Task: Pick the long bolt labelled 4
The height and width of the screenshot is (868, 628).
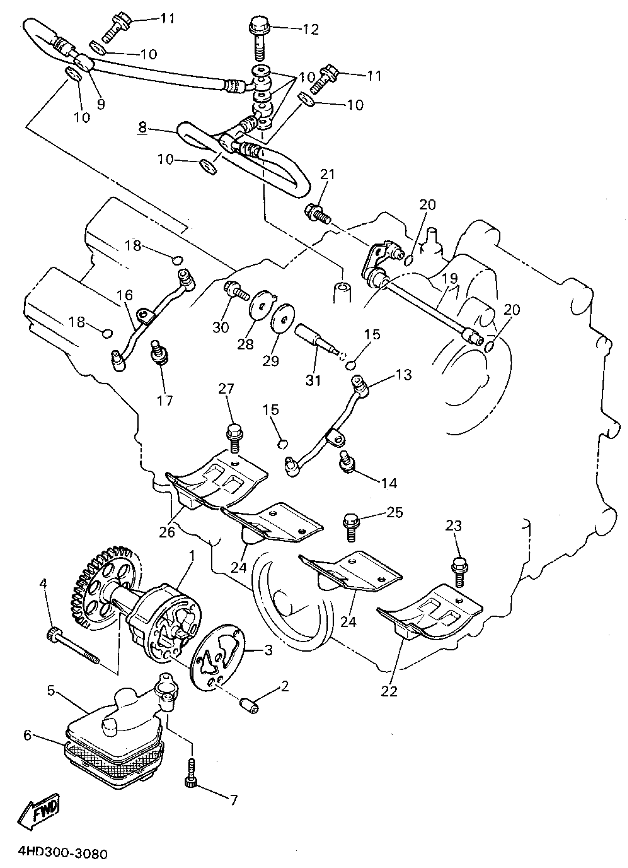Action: click(x=73, y=646)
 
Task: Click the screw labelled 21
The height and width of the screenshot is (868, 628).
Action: click(x=317, y=213)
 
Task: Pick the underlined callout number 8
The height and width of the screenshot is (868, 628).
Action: click(x=142, y=128)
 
